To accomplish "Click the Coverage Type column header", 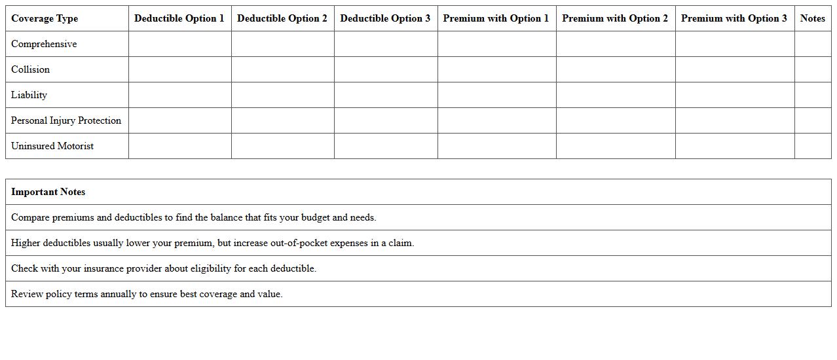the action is tap(45, 18).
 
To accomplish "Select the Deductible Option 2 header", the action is tap(282, 18).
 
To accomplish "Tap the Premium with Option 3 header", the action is tap(734, 18).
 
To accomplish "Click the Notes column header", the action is tap(812, 18).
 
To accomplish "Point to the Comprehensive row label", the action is tap(44, 44).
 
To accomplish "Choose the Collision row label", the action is tap(30, 69).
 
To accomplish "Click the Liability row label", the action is tap(29, 95).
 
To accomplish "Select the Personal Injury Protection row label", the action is tap(66, 120).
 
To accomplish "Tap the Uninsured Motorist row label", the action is tap(52, 146).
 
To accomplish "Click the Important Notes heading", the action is tap(48, 192).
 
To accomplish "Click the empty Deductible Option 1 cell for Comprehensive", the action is tap(179, 44).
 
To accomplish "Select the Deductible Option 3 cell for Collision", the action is tap(386, 69).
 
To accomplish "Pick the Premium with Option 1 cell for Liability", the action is tap(496, 95).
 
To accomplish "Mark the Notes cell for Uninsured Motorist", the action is tap(812, 146).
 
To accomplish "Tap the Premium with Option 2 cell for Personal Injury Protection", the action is tap(616, 120).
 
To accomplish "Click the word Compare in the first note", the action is tap(30, 217).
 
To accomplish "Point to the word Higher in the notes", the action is tap(26, 243).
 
